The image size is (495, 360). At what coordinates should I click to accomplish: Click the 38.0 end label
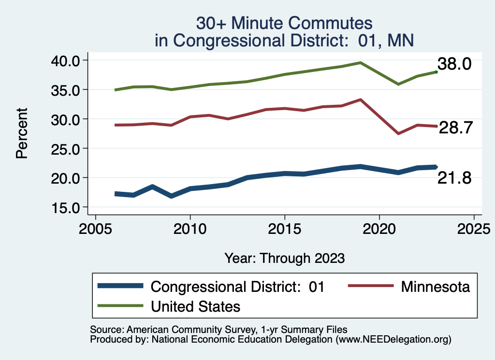454,64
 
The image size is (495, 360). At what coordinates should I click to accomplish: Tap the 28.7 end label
455,129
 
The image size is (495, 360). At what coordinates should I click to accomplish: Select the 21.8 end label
454,178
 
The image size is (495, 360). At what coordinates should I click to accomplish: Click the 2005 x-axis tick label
95,228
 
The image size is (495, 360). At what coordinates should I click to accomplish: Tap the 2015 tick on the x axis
285,228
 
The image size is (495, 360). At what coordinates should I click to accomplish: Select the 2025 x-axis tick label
474,228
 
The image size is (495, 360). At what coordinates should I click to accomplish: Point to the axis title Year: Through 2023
284,258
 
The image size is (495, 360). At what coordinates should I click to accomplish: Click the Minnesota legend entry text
435,287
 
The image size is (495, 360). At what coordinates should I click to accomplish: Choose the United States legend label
196,306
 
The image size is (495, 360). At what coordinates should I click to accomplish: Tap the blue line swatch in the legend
120,286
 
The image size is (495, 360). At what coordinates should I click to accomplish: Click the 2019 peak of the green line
361,62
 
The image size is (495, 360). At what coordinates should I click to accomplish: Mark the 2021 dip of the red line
398,133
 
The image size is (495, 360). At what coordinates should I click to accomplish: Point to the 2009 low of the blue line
171,196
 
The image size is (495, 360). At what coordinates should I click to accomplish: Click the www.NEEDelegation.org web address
394,340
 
